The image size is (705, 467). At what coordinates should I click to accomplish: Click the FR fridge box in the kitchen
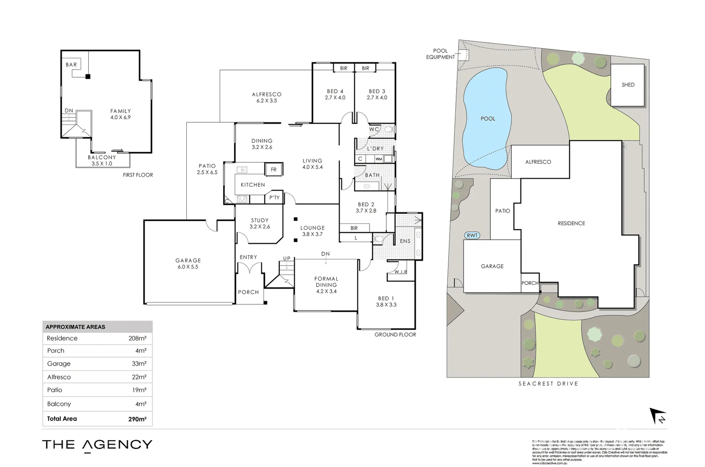click(274, 170)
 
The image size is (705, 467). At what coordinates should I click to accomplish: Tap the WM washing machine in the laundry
click(379, 159)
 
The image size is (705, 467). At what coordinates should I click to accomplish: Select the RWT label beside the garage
click(472, 235)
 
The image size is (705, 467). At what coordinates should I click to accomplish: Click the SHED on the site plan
click(628, 85)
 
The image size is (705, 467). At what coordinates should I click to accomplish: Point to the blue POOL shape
click(487, 119)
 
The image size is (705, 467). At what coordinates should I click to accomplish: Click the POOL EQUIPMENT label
click(440, 54)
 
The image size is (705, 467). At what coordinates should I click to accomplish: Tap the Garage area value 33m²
click(139, 364)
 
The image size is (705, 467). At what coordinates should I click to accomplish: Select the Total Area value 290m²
click(137, 419)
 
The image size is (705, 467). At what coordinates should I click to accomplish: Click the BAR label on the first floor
click(71, 65)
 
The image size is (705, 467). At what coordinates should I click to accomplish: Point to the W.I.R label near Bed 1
click(400, 272)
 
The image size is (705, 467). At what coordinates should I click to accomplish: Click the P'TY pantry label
click(274, 198)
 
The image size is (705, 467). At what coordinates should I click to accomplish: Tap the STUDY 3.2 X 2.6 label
click(259, 223)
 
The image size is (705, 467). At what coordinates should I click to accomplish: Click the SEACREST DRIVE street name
click(548, 384)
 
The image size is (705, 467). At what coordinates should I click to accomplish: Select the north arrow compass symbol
click(658, 416)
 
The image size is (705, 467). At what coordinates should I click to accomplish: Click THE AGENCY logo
click(97, 445)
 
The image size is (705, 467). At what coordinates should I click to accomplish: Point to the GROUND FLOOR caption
click(395, 334)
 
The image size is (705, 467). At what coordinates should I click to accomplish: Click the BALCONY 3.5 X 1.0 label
click(102, 160)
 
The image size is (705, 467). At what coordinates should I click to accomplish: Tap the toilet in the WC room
click(388, 129)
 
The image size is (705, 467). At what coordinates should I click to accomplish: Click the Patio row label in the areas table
click(55, 390)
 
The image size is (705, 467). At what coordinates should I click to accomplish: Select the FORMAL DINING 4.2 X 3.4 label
click(326, 285)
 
